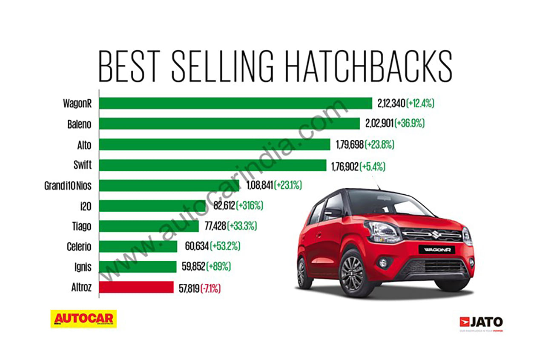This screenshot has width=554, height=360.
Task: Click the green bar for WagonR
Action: point(235,104)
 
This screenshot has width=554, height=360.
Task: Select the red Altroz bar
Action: point(136,288)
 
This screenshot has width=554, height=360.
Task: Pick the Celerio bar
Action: point(138,247)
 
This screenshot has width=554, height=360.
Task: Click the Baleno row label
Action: point(79,124)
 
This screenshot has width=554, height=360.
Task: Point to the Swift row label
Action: point(82,165)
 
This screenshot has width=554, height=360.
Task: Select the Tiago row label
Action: point(81,226)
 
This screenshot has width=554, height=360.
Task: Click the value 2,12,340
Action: point(391,104)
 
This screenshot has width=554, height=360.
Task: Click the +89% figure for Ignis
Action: point(218,267)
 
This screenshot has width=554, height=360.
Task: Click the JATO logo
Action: point(481,322)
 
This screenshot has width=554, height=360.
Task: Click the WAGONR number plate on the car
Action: point(437,250)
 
